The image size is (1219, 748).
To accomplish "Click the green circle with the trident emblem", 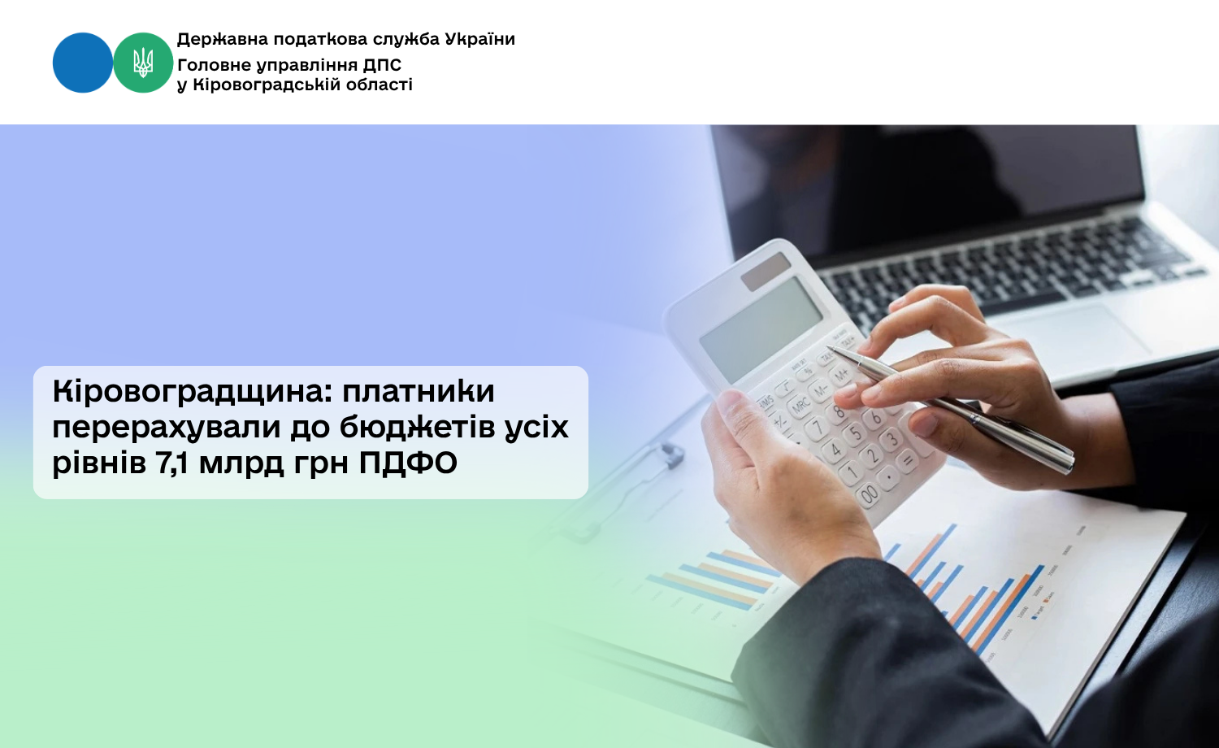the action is (143, 63).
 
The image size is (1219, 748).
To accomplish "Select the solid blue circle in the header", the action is (83, 63).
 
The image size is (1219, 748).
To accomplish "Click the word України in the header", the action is (479, 39).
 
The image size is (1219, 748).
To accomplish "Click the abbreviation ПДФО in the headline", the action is (408, 463).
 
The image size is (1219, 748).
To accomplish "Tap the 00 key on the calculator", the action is (869, 494).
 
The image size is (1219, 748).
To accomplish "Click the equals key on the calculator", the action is (907, 460).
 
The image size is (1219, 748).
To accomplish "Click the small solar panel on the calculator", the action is (766, 271).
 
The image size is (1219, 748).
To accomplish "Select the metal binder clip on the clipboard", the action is (670, 455).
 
